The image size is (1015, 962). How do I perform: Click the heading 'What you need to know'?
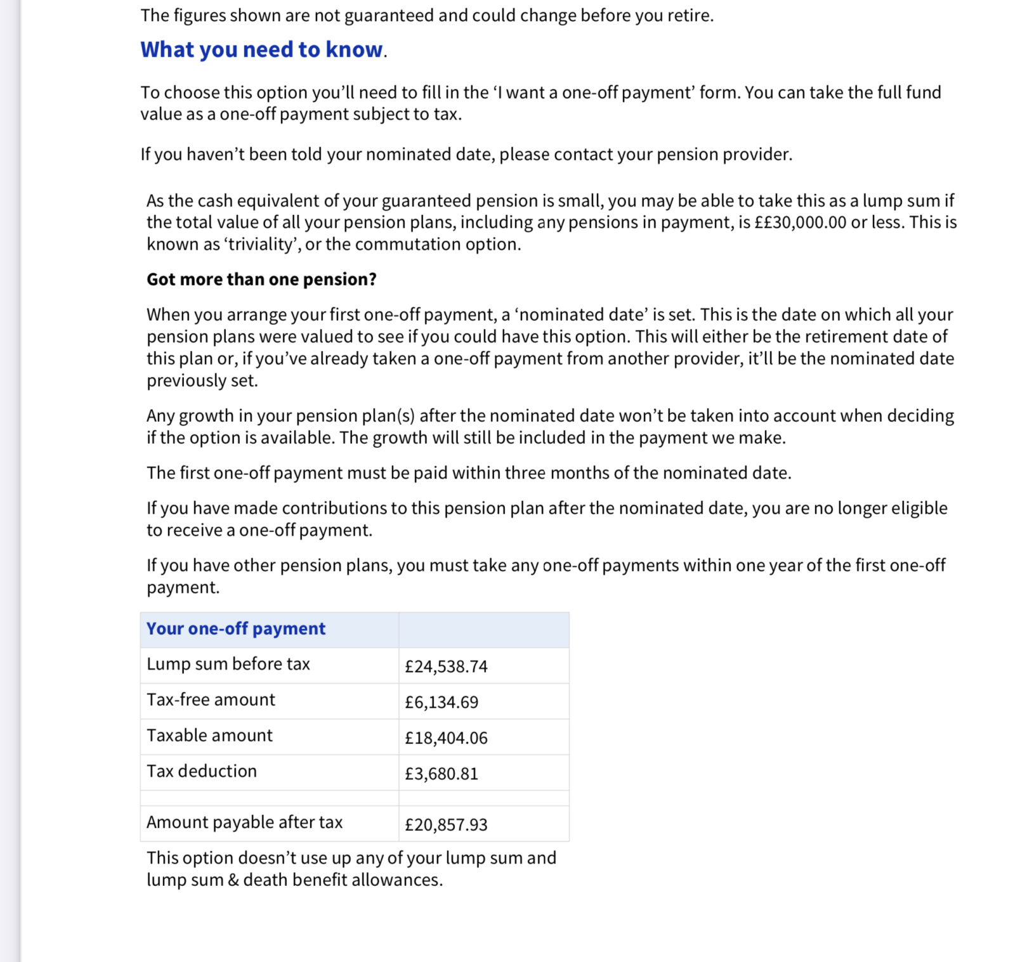click(x=261, y=49)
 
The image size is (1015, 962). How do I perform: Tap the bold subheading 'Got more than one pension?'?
click(x=261, y=280)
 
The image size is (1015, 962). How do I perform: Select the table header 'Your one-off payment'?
click(x=236, y=628)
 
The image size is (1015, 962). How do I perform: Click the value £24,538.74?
click(x=446, y=666)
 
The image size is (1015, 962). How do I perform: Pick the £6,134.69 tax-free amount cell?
click(x=442, y=702)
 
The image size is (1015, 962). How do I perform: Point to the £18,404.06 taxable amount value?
click(x=446, y=738)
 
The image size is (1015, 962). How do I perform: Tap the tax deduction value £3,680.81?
click(x=442, y=774)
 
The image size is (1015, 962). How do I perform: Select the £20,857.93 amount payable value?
click(x=446, y=824)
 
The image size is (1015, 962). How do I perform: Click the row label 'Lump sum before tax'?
click(x=228, y=664)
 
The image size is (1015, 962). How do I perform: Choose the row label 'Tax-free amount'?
click(x=211, y=699)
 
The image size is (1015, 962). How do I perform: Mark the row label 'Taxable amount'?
click(x=210, y=736)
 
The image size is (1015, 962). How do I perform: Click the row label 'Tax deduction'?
click(x=202, y=771)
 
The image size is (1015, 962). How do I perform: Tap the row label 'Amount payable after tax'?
click(x=245, y=822)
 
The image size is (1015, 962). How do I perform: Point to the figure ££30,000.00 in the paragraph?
click(x=801, y=223)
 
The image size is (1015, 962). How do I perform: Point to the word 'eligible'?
click(x=919, y=508)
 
